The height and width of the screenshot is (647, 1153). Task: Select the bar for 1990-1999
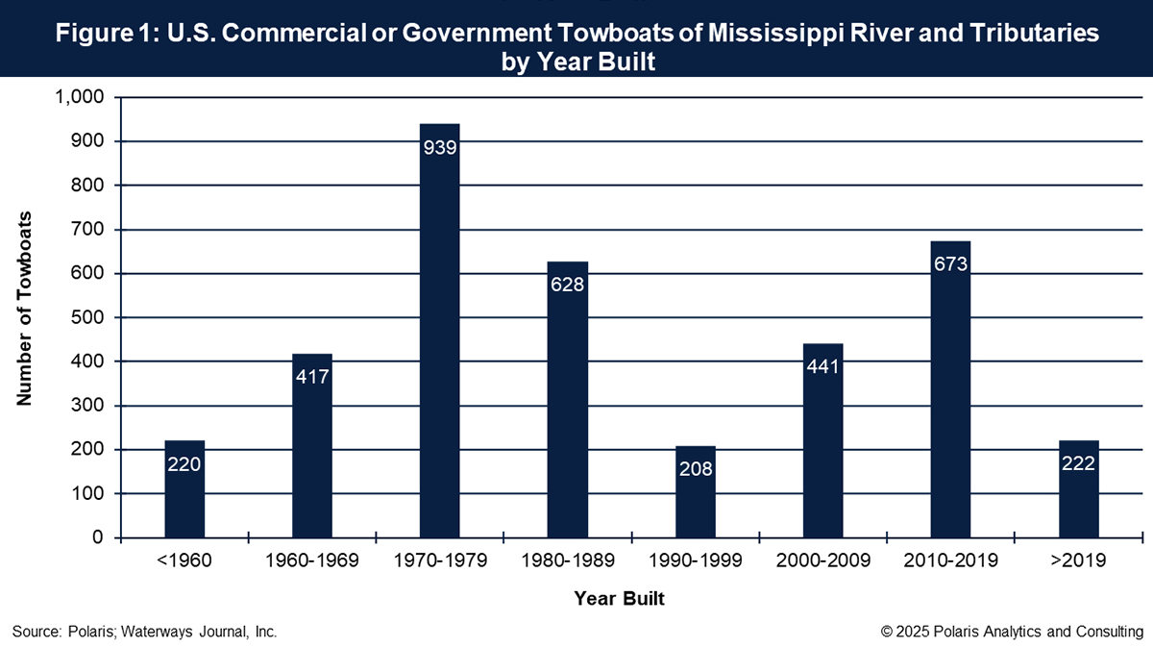point(696,490)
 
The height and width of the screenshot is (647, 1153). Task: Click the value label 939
point(439,149)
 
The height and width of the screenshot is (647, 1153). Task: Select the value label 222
point(1079,463)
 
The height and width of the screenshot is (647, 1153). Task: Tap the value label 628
point(567,286)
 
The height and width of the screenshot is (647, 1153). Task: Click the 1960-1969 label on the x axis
point(312,561)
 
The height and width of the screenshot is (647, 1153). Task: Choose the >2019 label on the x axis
point(1079,561)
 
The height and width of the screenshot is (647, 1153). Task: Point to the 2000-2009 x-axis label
point(823,561)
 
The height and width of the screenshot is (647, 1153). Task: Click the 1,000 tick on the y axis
point(80,98)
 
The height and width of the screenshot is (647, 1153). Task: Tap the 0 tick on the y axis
point(99,537)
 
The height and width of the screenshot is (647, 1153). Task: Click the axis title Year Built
point(620,598)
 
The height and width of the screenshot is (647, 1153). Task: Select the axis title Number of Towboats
point(25,308)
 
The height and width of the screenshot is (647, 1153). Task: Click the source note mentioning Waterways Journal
point(145,632)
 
